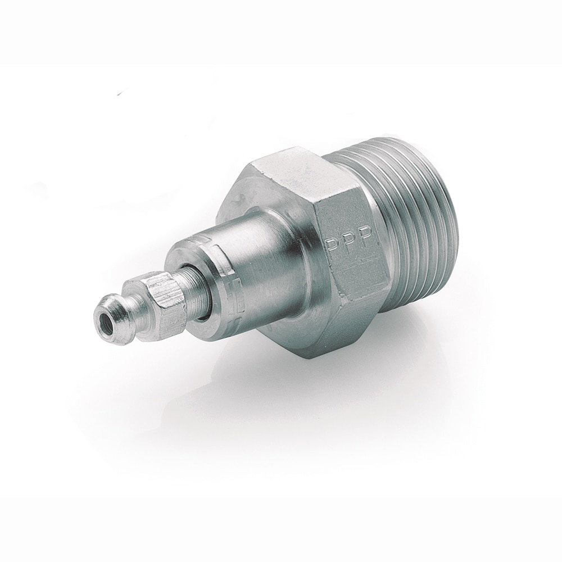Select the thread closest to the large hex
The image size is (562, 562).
[382, 225]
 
